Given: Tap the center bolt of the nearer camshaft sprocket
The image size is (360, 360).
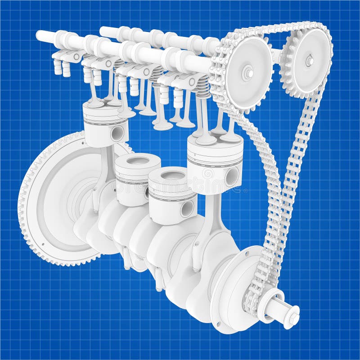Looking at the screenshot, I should [247, 73].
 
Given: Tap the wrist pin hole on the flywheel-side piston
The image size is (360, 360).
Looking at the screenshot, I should [117, 133].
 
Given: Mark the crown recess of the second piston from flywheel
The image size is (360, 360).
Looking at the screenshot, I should [138, 161].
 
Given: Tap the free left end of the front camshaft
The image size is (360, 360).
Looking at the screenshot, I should [40, 36].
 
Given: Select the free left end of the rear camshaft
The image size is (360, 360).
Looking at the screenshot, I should [103, 31].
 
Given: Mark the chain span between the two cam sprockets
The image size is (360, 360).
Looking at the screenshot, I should [274, 28].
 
